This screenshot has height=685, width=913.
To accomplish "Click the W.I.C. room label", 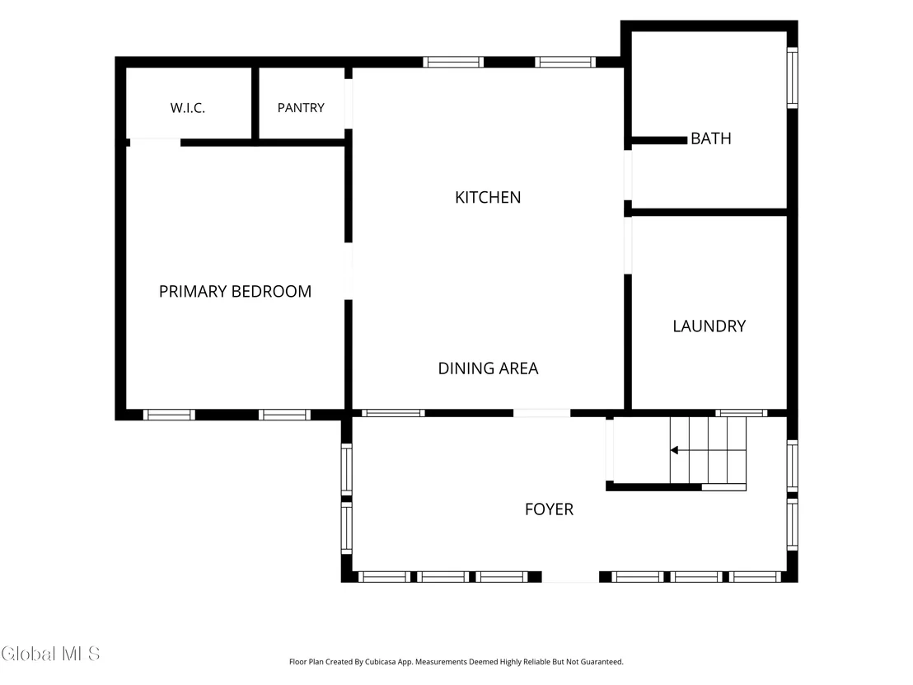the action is point(188,108).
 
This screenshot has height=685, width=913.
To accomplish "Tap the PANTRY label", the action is point(301,108).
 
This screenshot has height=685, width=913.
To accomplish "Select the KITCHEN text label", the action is point(488,198).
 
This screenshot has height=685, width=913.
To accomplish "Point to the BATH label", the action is point(711,138).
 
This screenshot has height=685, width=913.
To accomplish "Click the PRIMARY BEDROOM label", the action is point(235,291).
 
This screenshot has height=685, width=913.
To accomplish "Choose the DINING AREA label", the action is point(488,368).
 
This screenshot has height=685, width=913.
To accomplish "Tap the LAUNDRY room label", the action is point(709,326).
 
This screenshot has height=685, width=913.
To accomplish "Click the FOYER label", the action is point(549,509).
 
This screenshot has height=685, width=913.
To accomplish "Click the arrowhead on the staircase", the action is point(674,450).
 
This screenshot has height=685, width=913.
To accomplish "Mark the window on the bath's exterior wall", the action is point(793,77).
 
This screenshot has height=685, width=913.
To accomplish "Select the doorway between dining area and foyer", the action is point(541,413).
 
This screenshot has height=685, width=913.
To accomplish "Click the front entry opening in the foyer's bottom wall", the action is point(570,577).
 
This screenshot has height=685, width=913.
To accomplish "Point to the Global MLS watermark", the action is point(50,654).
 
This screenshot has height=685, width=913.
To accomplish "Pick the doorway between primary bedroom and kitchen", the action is point(349,271).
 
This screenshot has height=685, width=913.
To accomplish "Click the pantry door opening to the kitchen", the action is point(349,104).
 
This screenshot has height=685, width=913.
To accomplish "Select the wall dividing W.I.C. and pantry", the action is point(255,103).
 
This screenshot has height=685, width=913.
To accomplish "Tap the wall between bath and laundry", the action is point(709,212).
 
